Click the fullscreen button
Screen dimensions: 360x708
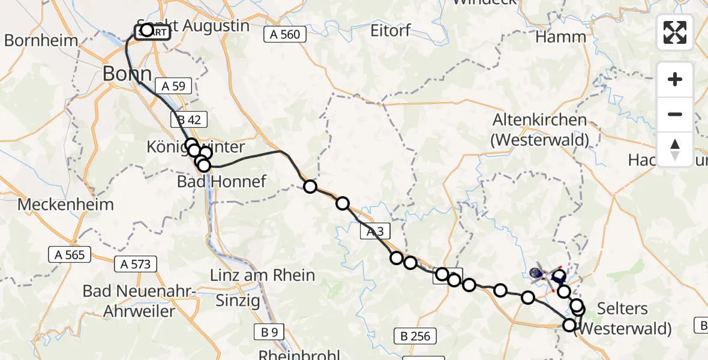(675, 32)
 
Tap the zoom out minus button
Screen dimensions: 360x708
(675, 114)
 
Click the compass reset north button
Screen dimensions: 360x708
(675, 149)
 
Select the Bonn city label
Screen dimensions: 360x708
(127, 74)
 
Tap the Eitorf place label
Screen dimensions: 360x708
(391, 30)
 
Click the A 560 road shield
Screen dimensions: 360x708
(285, 35)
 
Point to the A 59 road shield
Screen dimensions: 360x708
(173, 86)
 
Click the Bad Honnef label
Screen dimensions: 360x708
(221, 181)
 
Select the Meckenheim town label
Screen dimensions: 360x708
(65, 205)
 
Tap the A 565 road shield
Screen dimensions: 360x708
(70, 255)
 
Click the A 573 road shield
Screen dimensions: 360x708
(136, 263)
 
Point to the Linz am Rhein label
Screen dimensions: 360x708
(262, 275)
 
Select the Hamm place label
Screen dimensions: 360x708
(560, 37)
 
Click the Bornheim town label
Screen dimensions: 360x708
(41, 41)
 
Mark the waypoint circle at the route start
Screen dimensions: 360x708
(147, 30)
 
